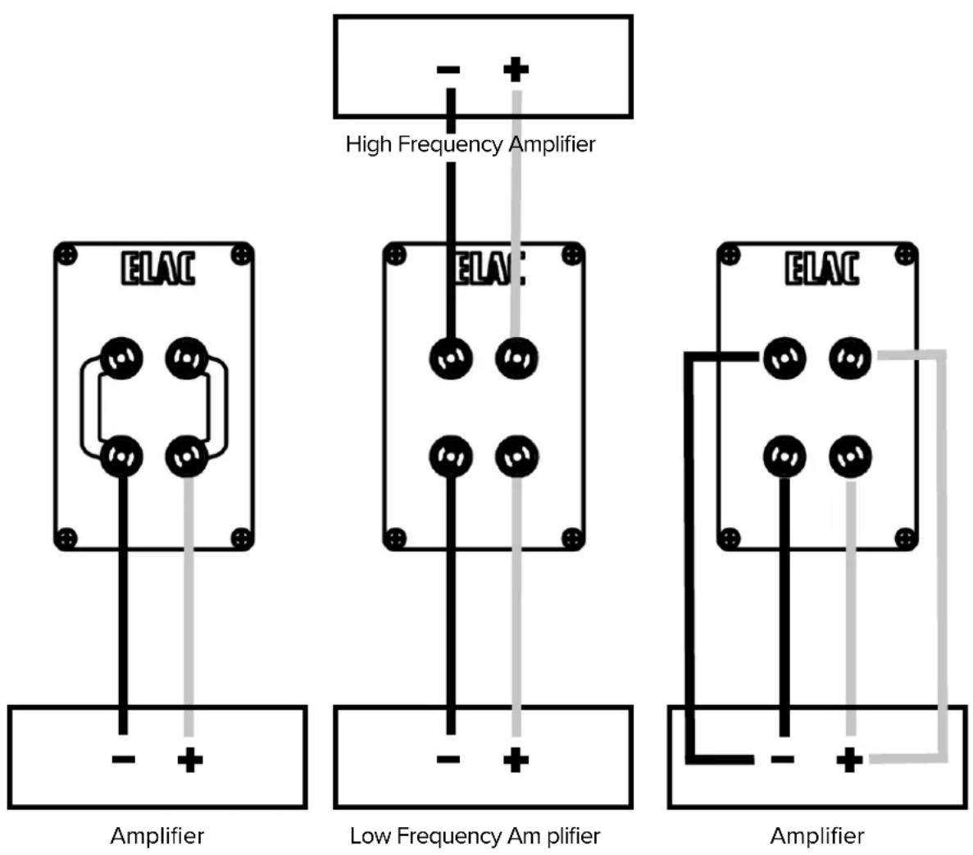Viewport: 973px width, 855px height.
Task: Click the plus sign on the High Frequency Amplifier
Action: tap(516, 70)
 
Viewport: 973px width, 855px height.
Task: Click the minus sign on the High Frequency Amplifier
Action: tap(448, 70)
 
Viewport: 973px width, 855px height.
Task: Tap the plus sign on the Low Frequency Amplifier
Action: tap(516, 760)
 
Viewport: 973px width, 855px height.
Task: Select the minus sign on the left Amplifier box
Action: tap(123, 760)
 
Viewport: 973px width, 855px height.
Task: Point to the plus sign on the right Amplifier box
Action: tap(849, 760)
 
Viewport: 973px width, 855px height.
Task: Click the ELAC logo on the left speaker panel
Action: tap(158, 269)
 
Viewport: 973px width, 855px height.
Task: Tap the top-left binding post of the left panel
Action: tap(122, 358)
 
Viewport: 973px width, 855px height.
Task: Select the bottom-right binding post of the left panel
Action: tap(188, 456)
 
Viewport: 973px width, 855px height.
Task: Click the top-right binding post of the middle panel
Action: tap(516, 358)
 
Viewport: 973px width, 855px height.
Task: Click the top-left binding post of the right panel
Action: tap(784, 358)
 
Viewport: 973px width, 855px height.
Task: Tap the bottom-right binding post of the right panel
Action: tap(850, 456)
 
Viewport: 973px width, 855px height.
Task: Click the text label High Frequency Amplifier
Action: tap(470, 144)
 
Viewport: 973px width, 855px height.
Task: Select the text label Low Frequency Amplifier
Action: tap(475, 836)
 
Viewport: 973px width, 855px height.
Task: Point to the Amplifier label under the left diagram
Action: tap(157, 836)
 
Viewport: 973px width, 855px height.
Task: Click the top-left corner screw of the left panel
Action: tap(68, 256)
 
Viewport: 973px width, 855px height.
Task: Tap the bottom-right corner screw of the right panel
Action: tap(904, 539)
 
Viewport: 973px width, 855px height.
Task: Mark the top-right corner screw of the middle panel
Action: tap(572, 255)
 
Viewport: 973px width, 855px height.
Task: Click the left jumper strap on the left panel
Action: tap(89, 407)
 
